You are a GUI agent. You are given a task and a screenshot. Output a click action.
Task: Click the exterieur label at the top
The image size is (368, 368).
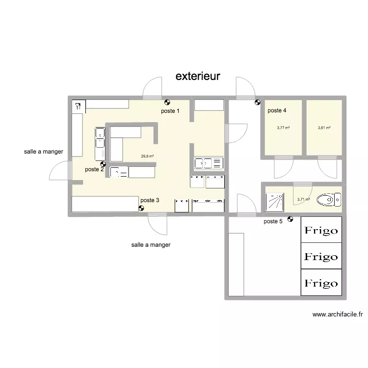[198, 77]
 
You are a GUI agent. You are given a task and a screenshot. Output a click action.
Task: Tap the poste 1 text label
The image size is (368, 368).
[170, 111]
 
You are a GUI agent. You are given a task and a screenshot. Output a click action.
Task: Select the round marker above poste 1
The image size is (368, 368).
[167, 103]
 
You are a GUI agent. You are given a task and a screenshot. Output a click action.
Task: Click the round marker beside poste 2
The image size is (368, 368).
[103, 165]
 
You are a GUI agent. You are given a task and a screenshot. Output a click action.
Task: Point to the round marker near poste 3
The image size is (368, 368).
[141, 208]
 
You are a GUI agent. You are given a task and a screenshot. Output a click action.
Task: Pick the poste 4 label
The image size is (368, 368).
[277, 110]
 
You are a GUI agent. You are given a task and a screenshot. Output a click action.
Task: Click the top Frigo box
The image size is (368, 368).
[321, 230]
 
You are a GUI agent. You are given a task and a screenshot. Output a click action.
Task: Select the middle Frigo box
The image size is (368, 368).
[321, 256]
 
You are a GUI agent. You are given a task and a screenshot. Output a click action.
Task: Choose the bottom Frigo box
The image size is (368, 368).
[321, 283]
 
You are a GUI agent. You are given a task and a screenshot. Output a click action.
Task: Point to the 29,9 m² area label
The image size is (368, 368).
[147, 157]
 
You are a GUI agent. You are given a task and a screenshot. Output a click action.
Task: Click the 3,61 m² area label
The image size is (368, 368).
[324, 128]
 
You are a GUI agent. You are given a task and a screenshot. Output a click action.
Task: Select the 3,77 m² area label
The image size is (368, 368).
[283, 128]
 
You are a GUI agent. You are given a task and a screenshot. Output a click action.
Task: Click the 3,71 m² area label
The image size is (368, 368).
[303, 200]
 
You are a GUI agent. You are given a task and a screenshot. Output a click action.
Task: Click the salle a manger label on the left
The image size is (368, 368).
[43, 152]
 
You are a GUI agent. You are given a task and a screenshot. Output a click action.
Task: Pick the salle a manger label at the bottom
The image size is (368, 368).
[151, 244]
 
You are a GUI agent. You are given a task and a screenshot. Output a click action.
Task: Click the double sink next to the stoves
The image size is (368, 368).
[209, 163]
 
